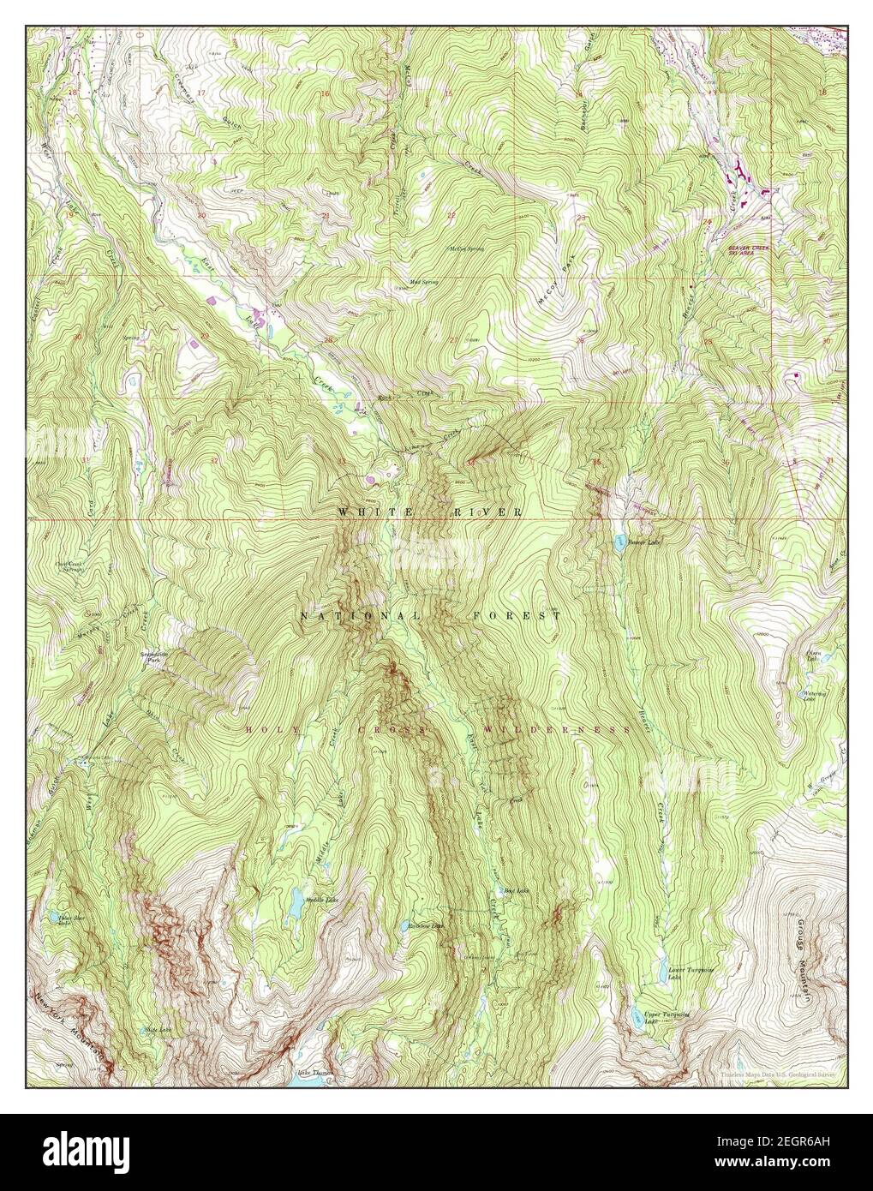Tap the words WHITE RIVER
pos(430,512)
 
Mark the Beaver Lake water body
pos(618,540)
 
